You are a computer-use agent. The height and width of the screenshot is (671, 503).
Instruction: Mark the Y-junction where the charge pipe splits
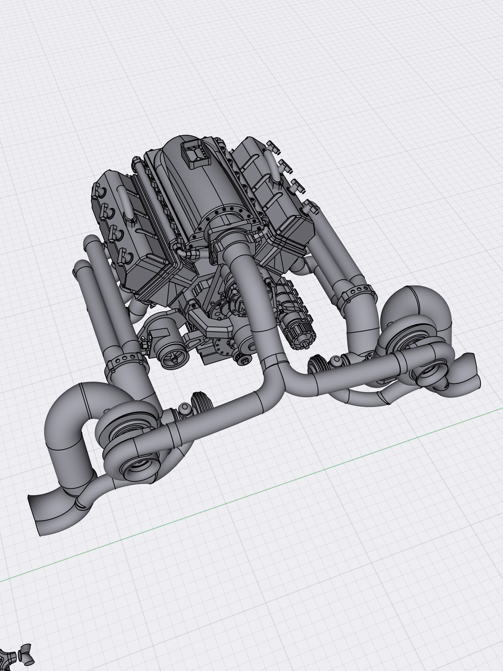click(x=275, y=369)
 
